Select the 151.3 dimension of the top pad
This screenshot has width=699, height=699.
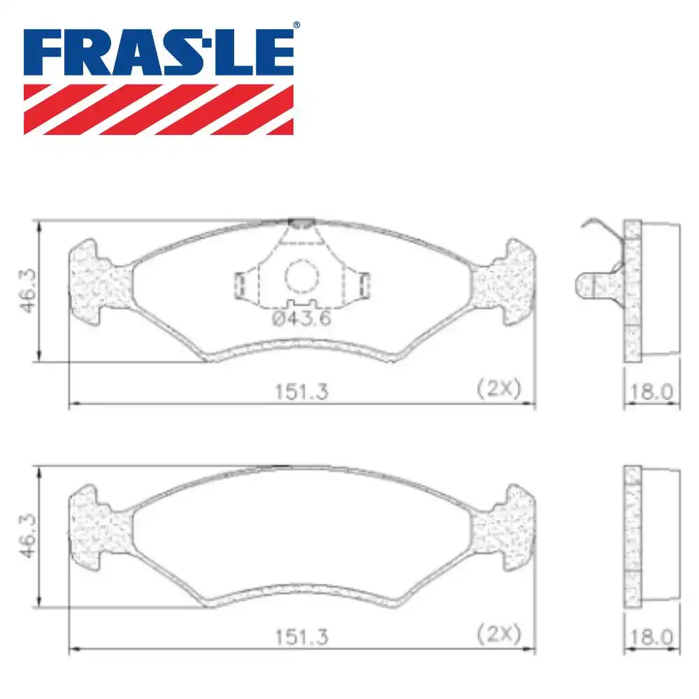[x=301, y=391]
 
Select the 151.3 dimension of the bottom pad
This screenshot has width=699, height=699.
[x=301, y=637]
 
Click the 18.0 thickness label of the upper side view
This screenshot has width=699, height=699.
[x=651, y=391]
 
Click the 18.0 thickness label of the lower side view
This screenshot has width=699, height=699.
[x=651, y=637]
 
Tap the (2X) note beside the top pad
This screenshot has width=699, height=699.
[x=498, y=389]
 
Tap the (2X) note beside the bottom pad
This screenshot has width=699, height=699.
[x=498, y=634]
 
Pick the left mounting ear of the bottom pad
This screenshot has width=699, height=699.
[x=98, y=527]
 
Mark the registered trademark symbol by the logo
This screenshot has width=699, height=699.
[x=296, y=25]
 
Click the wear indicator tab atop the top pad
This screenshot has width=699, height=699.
[x=301, y=222]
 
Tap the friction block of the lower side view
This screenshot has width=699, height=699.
[x=661, y=537]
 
